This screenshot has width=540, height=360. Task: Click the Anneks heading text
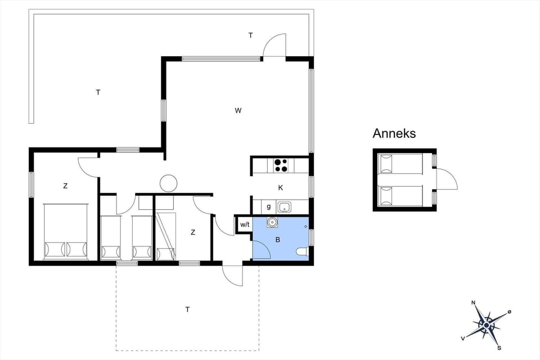pyautogui.click(x=394, y=133)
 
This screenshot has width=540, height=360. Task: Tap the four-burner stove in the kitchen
pyautogui.click(x=281, y=166)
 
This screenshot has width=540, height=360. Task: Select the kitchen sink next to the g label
pyautogui.click(x=285, y=207)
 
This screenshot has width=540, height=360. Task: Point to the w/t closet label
pyautogui.click(x=245, y=225)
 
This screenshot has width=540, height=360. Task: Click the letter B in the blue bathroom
pyautogui.click(x=277, y=239)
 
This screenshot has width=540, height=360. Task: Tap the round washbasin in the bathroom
pyautogui.click(x=273, y=222)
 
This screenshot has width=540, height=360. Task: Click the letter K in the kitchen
pyautogui.click(x=280, y=187)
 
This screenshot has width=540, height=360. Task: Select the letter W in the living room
pyautogui.click(x=238, y=110)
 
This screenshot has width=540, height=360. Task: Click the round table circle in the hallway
pyautogui.click(x=168, y=183)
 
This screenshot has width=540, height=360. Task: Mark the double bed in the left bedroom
pyautogui.click(x=66, y=232)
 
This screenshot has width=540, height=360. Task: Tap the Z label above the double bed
pyautogui.click(x=65, y=185)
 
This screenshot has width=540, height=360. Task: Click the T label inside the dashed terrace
pyautogui.click(x=187, y=309)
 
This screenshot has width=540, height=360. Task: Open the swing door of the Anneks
pyautogui.click(x=448, y=179)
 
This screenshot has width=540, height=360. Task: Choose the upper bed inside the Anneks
pyautogui.click(x=400, y=164)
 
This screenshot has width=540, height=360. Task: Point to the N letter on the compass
pyautogui.click(x=474, y=303)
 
